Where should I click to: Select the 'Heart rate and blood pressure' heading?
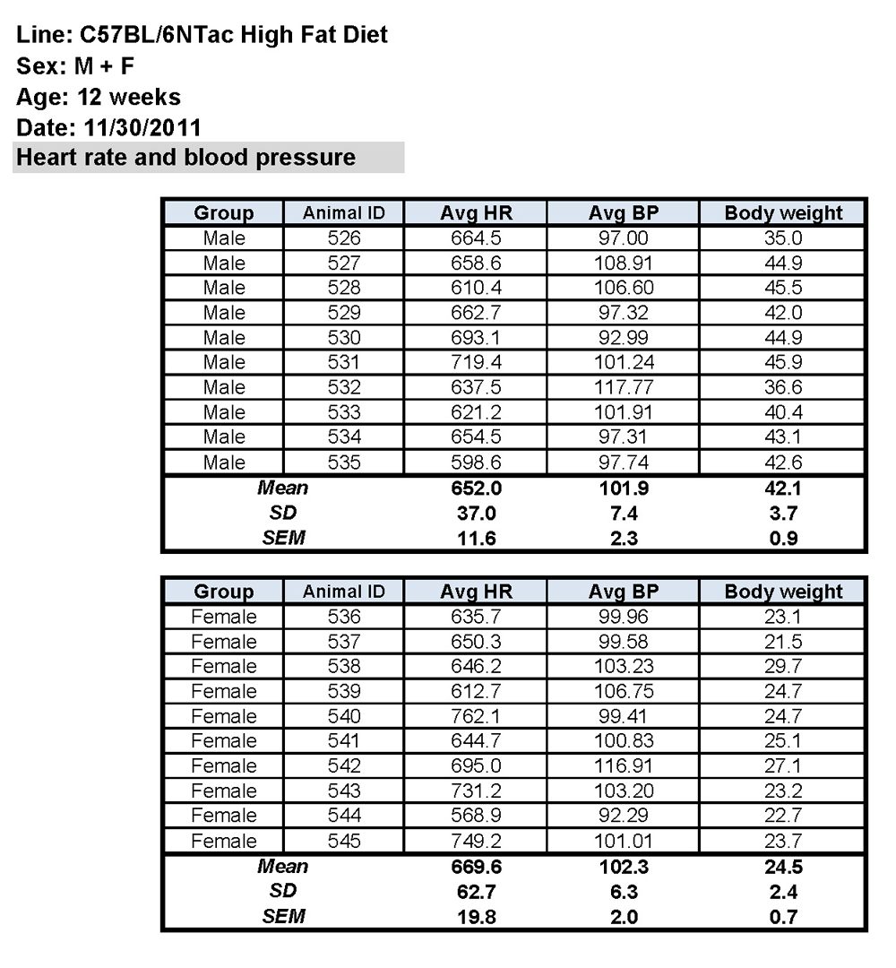[x=186, y=158]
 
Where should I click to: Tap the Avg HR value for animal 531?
[x=476, y=363]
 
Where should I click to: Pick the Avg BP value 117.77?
[x=623, y=388]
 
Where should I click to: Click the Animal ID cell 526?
[x=344, y=238]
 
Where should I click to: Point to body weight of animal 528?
[x=783, y=288]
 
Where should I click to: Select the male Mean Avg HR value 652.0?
[x=476, y=488]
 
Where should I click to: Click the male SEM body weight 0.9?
[x=783, y=539]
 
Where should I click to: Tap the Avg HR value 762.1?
[x=476, y=716]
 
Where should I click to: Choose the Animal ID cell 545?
[x=344, y=841]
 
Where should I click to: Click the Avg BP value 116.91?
[x=623, y=766]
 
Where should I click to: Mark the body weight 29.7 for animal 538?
[x=783, y=666]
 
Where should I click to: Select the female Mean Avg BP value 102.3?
[x=623, y=867]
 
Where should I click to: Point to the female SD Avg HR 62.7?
[x=476, y=892]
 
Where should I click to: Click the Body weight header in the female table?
[x=783, y=592]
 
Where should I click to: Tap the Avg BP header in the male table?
[x=623, y=213]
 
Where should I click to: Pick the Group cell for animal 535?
[x=223, y=462]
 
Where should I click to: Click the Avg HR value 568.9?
[x=476, y=816]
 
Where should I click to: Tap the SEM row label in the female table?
[x=283, y=917]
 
